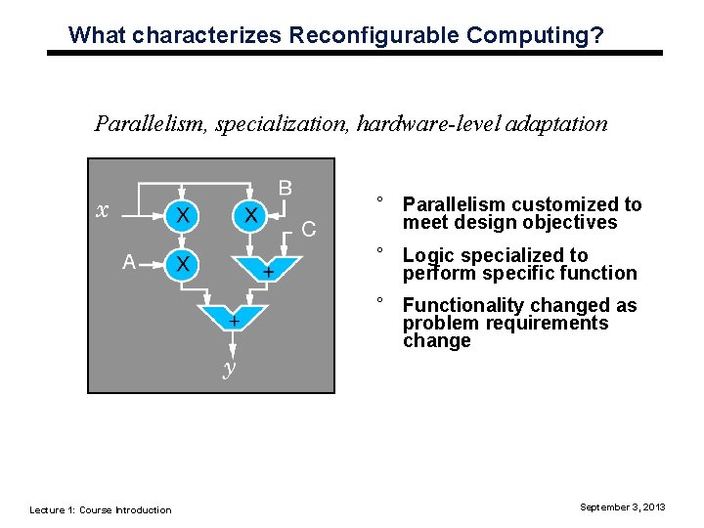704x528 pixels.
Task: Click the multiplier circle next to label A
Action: click(x=182, y=263)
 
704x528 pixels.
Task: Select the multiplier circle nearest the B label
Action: click(x=250, y=214)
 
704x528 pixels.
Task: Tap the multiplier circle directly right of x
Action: click(x=182, y=214)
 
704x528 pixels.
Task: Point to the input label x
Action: click(x=101, y=210)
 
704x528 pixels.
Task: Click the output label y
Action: click(x=229, y=369)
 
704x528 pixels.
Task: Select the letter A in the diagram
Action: click(x=128, y=262)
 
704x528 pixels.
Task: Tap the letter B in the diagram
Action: click(x=285, y=187)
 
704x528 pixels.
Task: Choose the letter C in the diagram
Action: click(x=308, y=231)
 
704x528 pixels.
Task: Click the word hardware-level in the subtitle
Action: click(x=426, y=124)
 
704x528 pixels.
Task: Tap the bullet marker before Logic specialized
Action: click(x=378, y=251)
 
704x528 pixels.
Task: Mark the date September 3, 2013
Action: click(x=622, y=506)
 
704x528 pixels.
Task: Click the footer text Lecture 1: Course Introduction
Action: click(x=101, y=509)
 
